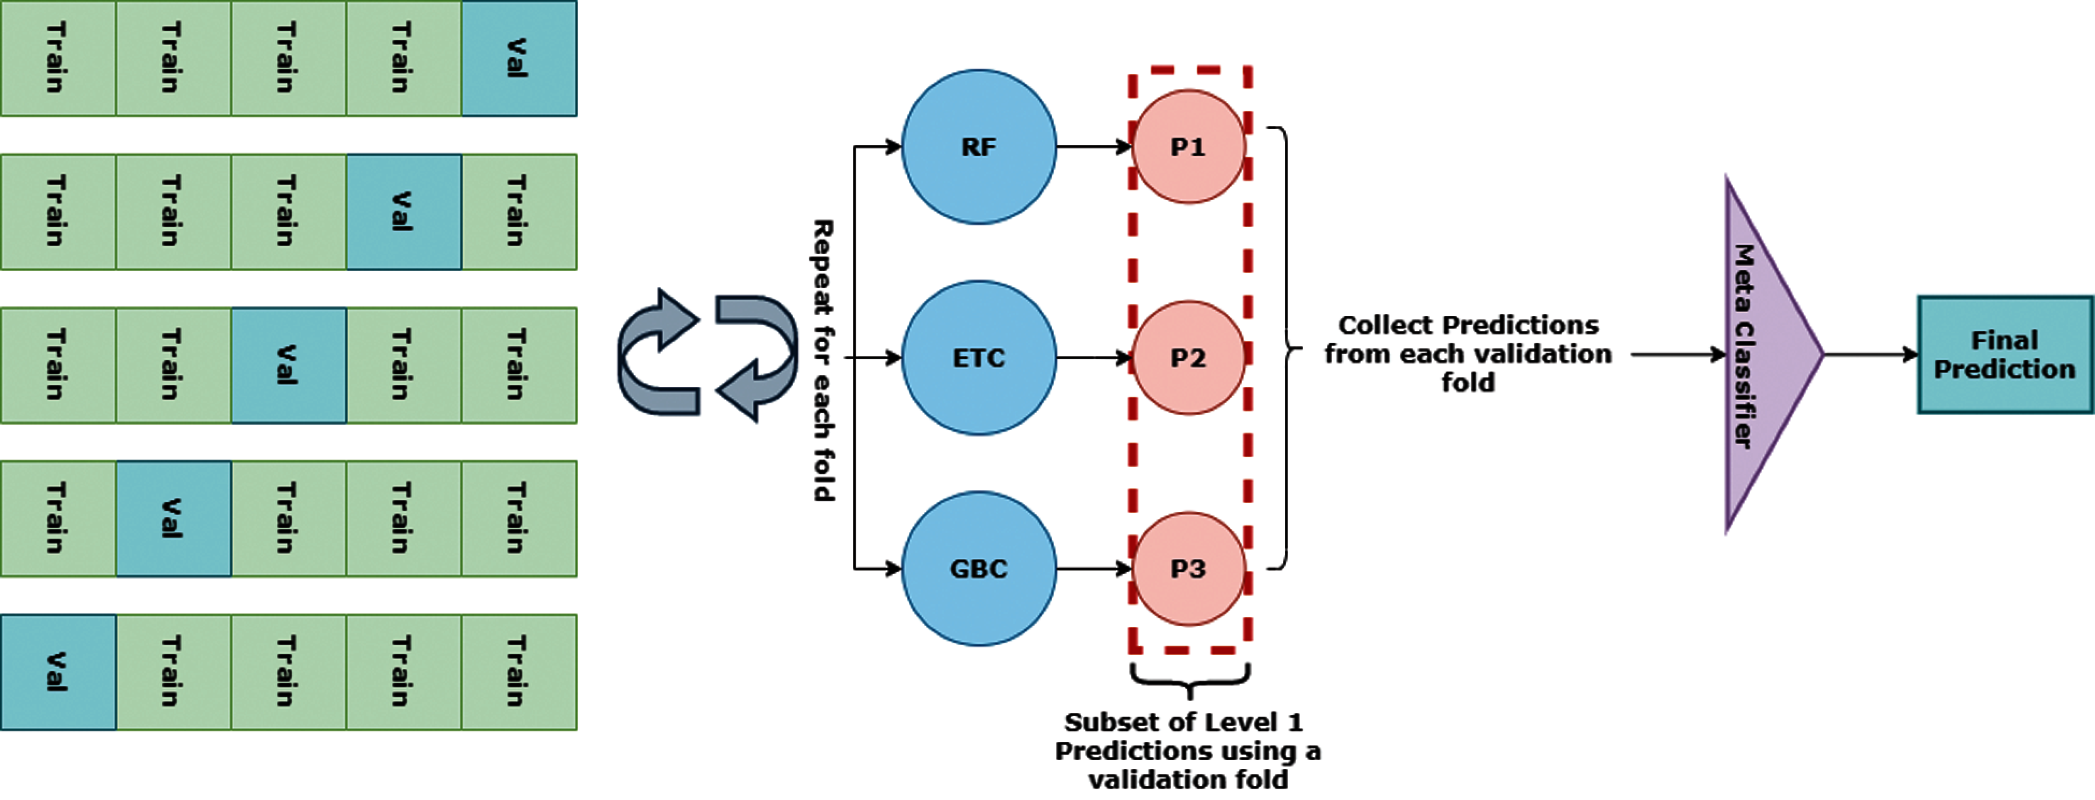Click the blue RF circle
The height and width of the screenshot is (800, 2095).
click(979, 146)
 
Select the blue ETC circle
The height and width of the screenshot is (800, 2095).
click(979, 358)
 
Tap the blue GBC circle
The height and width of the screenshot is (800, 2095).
click(979, 568)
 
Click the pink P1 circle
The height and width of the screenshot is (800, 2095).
click(1188, 146)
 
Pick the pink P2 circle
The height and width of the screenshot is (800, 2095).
click(1188, 358)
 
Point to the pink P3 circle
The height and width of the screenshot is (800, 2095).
click(1188, 568)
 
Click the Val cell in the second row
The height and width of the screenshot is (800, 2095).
click(403, 212)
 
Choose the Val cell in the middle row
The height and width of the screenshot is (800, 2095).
click(288, 365)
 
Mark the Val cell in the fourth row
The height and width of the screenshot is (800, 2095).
click(173, 518)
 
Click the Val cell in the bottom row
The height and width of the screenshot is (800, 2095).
click(57, 672)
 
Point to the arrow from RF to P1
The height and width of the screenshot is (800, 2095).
click(1094, 146)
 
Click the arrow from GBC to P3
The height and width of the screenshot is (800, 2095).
click(1094, 568)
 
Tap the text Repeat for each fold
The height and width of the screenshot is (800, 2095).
click(823, 360)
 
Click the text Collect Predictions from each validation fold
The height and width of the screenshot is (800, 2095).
click(1468, 354)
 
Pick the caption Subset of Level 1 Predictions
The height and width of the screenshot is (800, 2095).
click(1187, 751)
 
